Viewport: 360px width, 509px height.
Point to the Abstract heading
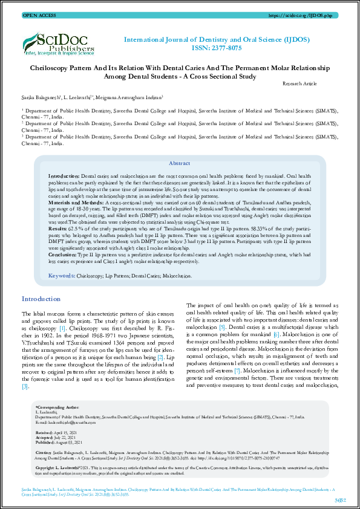(180, 163)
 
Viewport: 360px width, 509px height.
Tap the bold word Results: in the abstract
(58, 229)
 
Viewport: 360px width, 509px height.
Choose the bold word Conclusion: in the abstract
(62, 254)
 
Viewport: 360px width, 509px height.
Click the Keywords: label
(61, 275)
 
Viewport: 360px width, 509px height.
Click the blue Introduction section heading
(41, 299)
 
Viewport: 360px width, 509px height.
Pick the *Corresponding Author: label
(57, 409)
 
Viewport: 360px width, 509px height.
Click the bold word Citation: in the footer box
(44, 452)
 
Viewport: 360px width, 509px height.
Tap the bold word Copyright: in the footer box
(47, 467)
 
